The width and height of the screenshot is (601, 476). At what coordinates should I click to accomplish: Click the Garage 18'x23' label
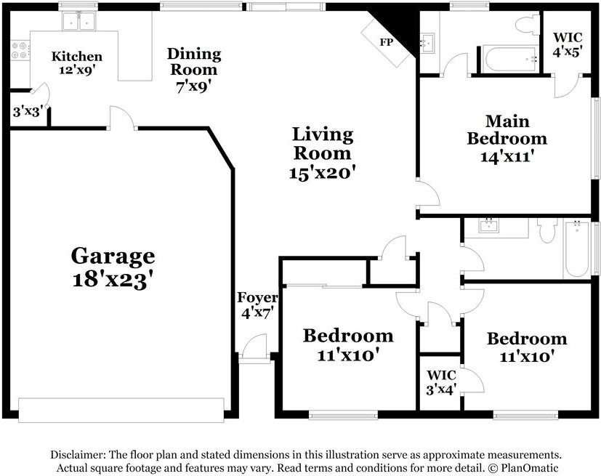(113, 267)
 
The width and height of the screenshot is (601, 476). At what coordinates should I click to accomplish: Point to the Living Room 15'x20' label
(322, 153)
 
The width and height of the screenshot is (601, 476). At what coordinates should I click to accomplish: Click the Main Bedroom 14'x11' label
(507, 138)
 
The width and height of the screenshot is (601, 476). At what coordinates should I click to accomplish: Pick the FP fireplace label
(386, 42)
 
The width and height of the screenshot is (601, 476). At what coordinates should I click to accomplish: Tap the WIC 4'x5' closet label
(568, 44)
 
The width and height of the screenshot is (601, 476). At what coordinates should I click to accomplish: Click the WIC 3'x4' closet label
(441, 381)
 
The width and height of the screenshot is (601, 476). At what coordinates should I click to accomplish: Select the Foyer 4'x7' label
(257, 305)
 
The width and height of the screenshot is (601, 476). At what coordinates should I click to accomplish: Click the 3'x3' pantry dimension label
(28, 112)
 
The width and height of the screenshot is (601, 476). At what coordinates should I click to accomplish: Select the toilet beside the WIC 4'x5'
(526, 25)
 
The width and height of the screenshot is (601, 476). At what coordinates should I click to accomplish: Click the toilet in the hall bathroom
(546, 231)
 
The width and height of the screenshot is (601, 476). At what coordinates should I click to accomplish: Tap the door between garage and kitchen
(123, 119)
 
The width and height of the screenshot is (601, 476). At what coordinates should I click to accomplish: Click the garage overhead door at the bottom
(121, 409)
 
